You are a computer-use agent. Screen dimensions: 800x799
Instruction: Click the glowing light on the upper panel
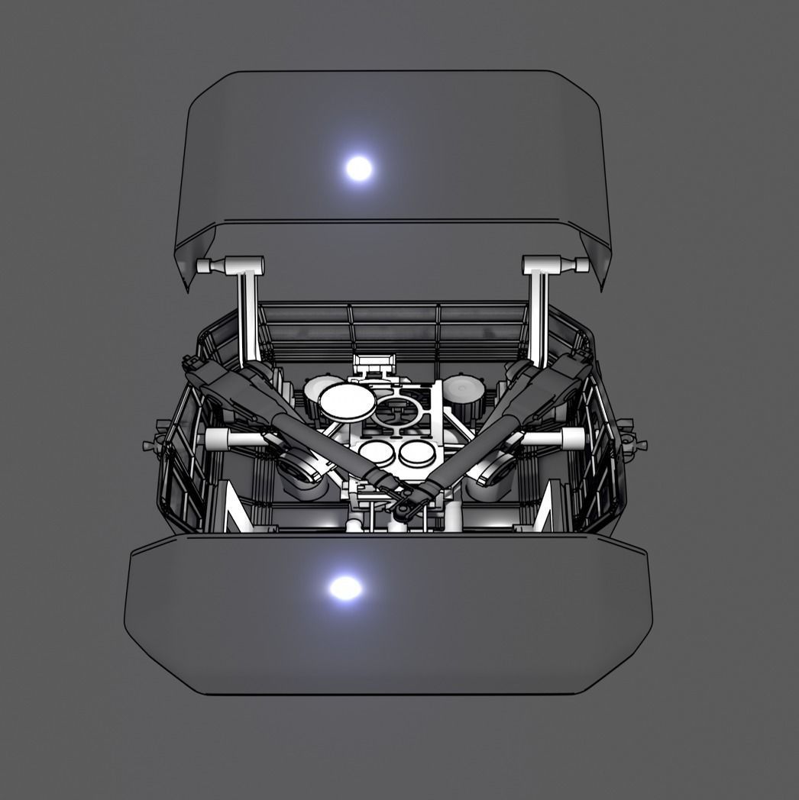pyautogui.click(x=358, y=167)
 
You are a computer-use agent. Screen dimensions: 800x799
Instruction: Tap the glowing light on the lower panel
pyautogui.click(x=345, y=587)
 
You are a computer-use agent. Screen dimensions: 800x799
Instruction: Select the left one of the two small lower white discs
pyautogui.click(x=377, y=452)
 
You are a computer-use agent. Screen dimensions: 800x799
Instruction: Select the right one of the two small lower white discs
pyautogui.click(x=417, y=453)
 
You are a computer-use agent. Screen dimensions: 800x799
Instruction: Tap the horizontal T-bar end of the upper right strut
pyautogui.click(x=555, y=265)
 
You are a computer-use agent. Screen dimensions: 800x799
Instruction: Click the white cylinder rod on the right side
pyautogui.click(x=560, y=437)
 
